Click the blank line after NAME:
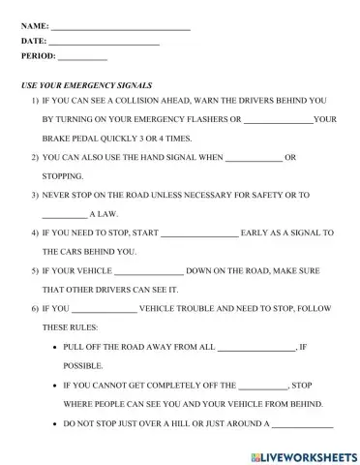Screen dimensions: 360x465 [120, 27]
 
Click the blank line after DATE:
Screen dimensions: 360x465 [104, 43]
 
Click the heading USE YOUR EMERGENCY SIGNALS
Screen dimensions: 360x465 [86, 86]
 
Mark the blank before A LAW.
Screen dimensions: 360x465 [64, 214]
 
